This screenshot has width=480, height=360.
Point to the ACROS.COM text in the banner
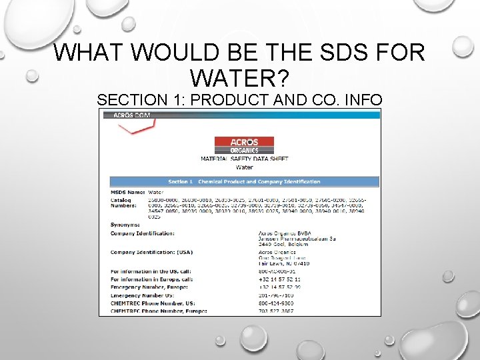tap(132, 115)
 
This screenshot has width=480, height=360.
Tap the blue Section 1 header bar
tap(244, 181)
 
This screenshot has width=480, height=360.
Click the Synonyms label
tap(125, 225)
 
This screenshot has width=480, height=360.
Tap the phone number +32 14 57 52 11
tap(279, 279)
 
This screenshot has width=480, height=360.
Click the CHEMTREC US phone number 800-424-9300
tap(276, 303)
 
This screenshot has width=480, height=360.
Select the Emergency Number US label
tap(141, 295)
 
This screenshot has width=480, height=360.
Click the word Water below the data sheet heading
tap(245, 168)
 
